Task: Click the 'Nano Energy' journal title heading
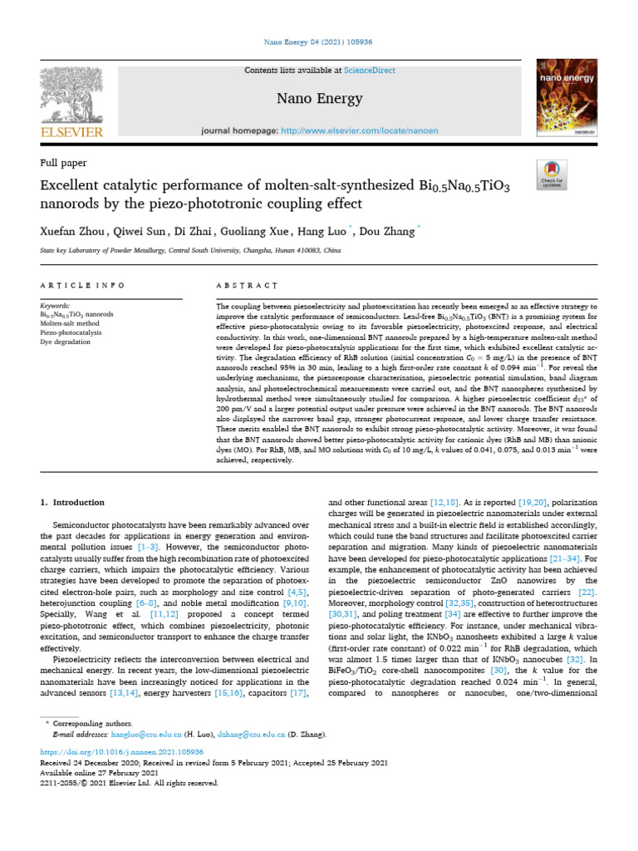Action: click(319, 99)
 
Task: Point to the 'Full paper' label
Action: click(64, 163)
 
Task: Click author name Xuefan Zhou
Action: click(74, 232)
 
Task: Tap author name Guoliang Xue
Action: click(254, 232)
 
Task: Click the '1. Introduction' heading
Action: click(73, 502)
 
